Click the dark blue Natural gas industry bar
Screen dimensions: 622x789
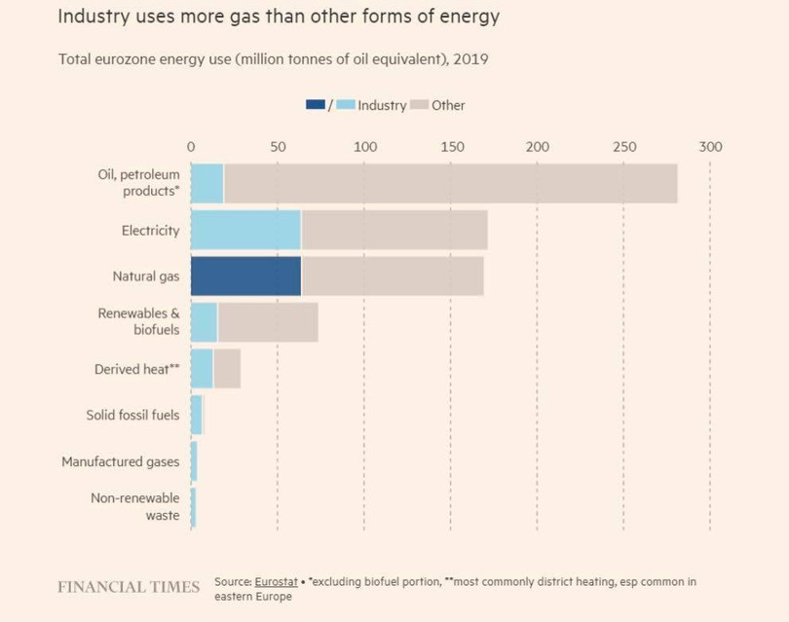(x=245, y=276)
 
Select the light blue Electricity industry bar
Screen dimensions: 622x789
(x=245, y=230)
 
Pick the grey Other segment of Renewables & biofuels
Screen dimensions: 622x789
(x=268, y=322)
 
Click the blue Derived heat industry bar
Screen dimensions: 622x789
(x=202, y=369)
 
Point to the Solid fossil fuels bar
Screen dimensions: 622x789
(x=196, y=415)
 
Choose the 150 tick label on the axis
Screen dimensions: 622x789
(x=451, y=147)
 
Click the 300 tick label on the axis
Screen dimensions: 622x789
(x=710, y=147)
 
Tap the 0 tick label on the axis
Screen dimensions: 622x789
(x=191, y=147)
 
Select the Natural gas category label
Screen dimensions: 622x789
(x=146, y=276)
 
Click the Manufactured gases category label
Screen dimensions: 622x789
(x=121, y=461)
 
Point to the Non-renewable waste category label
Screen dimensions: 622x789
(x=135, y=506)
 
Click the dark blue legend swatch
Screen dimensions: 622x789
(x=316, y=105)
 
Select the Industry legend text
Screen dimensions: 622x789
(x=382, y=105)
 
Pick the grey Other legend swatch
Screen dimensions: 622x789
(x=419, y=105)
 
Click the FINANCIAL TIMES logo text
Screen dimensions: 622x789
(x=129, y=587)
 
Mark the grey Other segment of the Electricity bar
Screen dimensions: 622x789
(x=394, y=230)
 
